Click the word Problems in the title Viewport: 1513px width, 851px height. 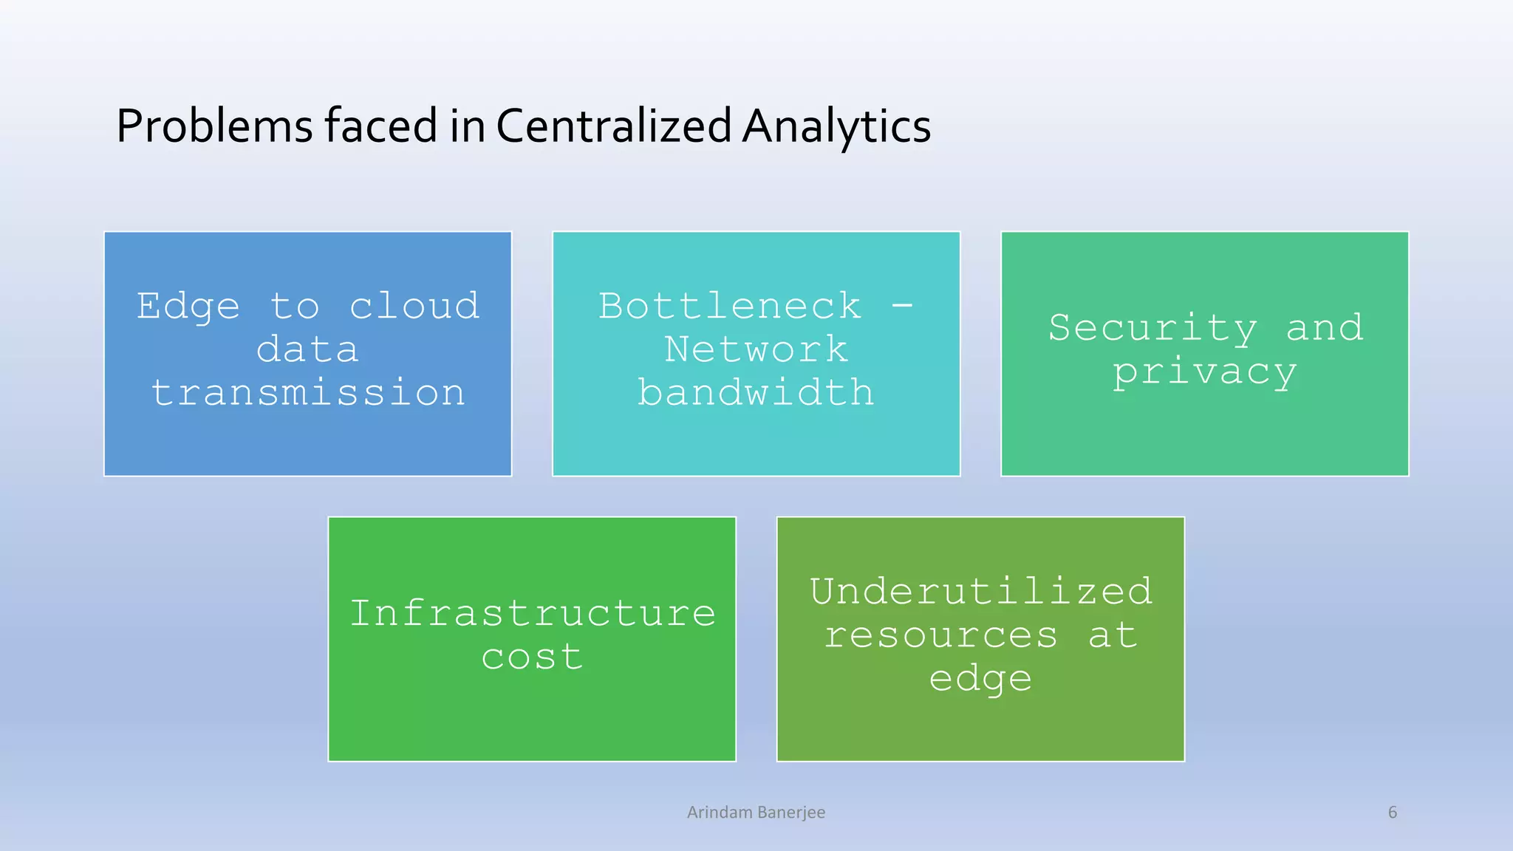pos(214,126)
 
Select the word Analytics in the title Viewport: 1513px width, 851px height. pos(836,126)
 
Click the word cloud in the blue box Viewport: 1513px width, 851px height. pos(414,306)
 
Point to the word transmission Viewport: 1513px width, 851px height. pos(308,392)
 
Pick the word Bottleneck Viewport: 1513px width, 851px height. pos(730,306)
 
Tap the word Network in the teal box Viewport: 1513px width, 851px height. pos(756,349)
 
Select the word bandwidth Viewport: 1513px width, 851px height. pos(756,392)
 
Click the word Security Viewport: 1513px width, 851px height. pos(1152,328)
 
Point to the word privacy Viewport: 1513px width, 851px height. pos(1204,372)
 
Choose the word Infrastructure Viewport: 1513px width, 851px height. pos(532,613)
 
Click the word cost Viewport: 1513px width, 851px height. pos(532,657)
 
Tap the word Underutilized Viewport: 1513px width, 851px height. pos(980,591)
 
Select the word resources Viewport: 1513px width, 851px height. pos(941,635)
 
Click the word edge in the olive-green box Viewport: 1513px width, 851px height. pos(980,679)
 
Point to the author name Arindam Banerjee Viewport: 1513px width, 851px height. pos(756,813)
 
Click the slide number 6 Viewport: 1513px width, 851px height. pos(1393,813)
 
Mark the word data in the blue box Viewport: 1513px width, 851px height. pos(307,349)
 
